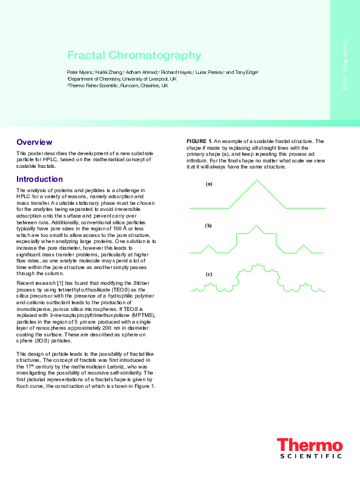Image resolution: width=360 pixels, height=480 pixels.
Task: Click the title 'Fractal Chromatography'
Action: (134, 56)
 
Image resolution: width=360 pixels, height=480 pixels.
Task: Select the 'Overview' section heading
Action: (33, 142)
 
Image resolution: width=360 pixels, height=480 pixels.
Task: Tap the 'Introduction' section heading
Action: (40, 179)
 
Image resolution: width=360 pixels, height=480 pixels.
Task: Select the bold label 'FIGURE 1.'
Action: (199, 141)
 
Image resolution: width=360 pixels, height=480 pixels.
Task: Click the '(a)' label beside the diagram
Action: (208, 184)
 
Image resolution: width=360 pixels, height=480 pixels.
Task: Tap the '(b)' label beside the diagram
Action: (208, 225)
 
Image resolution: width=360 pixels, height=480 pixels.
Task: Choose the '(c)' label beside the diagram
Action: (208, 275)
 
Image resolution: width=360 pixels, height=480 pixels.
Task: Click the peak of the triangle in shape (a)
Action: (259, 181)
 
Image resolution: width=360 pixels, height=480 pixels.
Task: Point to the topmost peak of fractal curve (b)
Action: (259, 225)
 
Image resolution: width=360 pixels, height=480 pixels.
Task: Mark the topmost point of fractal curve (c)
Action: (259, 264)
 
